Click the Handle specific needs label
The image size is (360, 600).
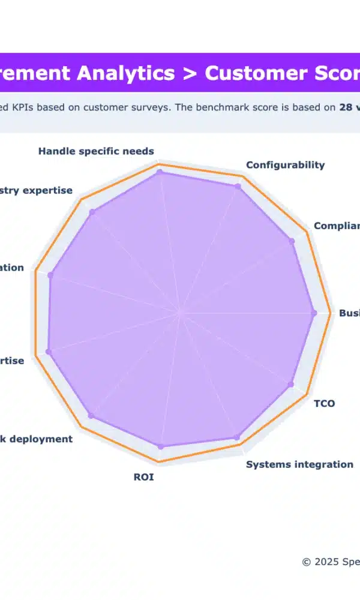pos(96,151)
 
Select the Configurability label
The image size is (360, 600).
pos(285,165)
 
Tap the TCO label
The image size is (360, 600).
pos(325,403)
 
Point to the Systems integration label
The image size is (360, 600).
pos(299,464)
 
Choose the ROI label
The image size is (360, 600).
pos(143,478)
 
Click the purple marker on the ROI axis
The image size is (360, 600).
pos(160,446)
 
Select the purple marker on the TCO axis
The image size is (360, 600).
pos(292,384)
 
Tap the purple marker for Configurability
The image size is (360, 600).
pos(238,187)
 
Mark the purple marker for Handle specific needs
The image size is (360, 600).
pos(160,172)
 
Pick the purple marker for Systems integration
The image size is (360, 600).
pos(236,437)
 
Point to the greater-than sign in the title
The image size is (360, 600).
pos(190,74)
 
